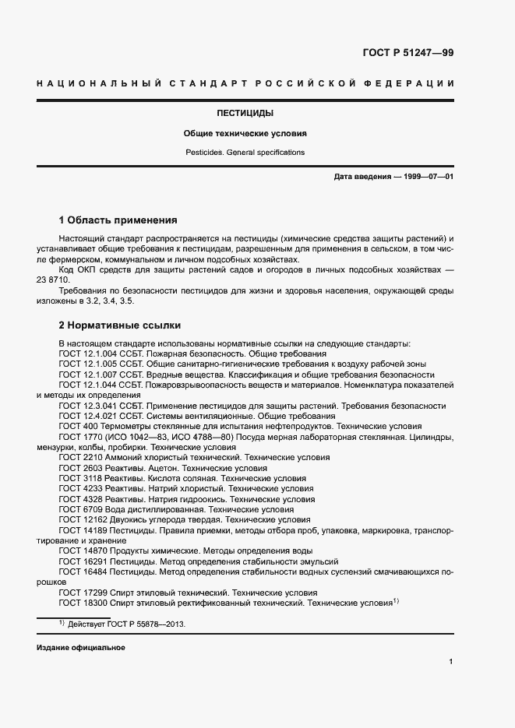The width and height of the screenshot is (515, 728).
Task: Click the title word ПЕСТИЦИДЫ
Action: pyautogui.click(x=245, y=113)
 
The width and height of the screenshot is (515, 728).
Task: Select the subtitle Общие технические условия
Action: pyautogui.click(x=245, y=133)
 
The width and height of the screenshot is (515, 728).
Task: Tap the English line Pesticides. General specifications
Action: pyautogui.click(x=245, y=153)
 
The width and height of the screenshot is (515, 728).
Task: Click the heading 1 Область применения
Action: pyautogui.click(x=118, y=220)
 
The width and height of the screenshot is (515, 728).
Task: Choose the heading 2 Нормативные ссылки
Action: pyautogui.click(x=121, y=325)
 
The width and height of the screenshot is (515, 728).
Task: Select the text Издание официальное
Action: pyautogui.click(x=80, y=648)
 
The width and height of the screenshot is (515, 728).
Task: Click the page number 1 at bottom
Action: pyautogui.click(x=451, y=662)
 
